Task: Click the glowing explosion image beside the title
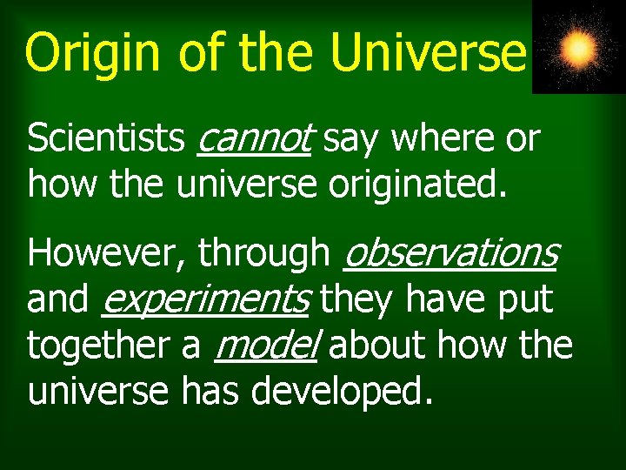point(578,48)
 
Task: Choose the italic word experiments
point(205,300)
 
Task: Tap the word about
point(379,346)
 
